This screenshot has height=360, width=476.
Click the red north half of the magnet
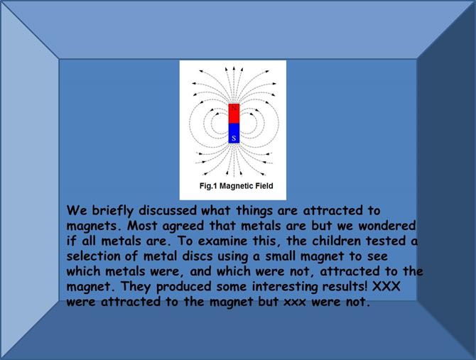(234, 114)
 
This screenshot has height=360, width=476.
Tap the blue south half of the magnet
(234, 133)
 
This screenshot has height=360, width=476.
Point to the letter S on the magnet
(234, 138)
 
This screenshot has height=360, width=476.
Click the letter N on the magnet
(234, 108)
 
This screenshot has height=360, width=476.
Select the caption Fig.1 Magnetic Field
(236, 185)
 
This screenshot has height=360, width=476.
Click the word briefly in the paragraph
(112, 211)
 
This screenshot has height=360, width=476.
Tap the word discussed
(168, 210)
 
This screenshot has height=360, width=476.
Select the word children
(336, 241)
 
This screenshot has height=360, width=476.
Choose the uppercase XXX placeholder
(386, 286)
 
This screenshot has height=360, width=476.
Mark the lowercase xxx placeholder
(295, 302)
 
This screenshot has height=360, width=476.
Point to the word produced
(184, 287)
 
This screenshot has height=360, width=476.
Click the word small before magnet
(280, 256)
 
